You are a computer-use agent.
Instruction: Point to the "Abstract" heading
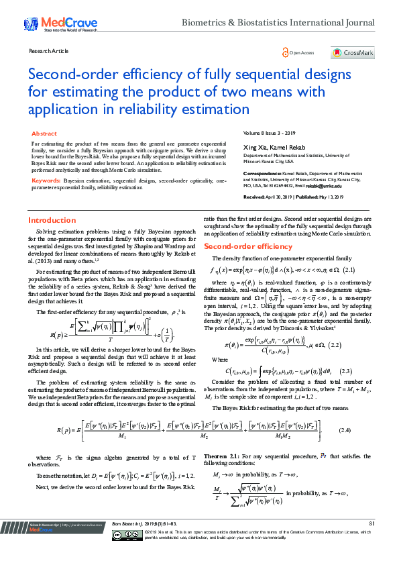click(44, 134)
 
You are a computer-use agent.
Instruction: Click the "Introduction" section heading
click(52, 221)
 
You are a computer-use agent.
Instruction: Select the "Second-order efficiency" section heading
click(248, 247)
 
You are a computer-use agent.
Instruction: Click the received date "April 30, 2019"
click(280, 197)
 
